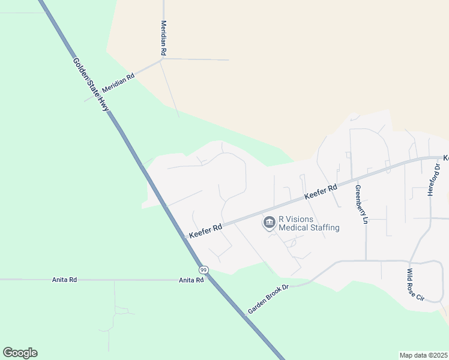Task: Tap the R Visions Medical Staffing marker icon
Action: [269, 223]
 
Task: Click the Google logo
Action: [20, 353]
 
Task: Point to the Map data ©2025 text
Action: [423, 355]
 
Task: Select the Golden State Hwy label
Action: [91, 84]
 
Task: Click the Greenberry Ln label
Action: [361, 204]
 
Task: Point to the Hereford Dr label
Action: [438, 179]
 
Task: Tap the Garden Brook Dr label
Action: [268, 299]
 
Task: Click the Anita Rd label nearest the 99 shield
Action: [191, 280]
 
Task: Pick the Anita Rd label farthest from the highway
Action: [65, 280]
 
